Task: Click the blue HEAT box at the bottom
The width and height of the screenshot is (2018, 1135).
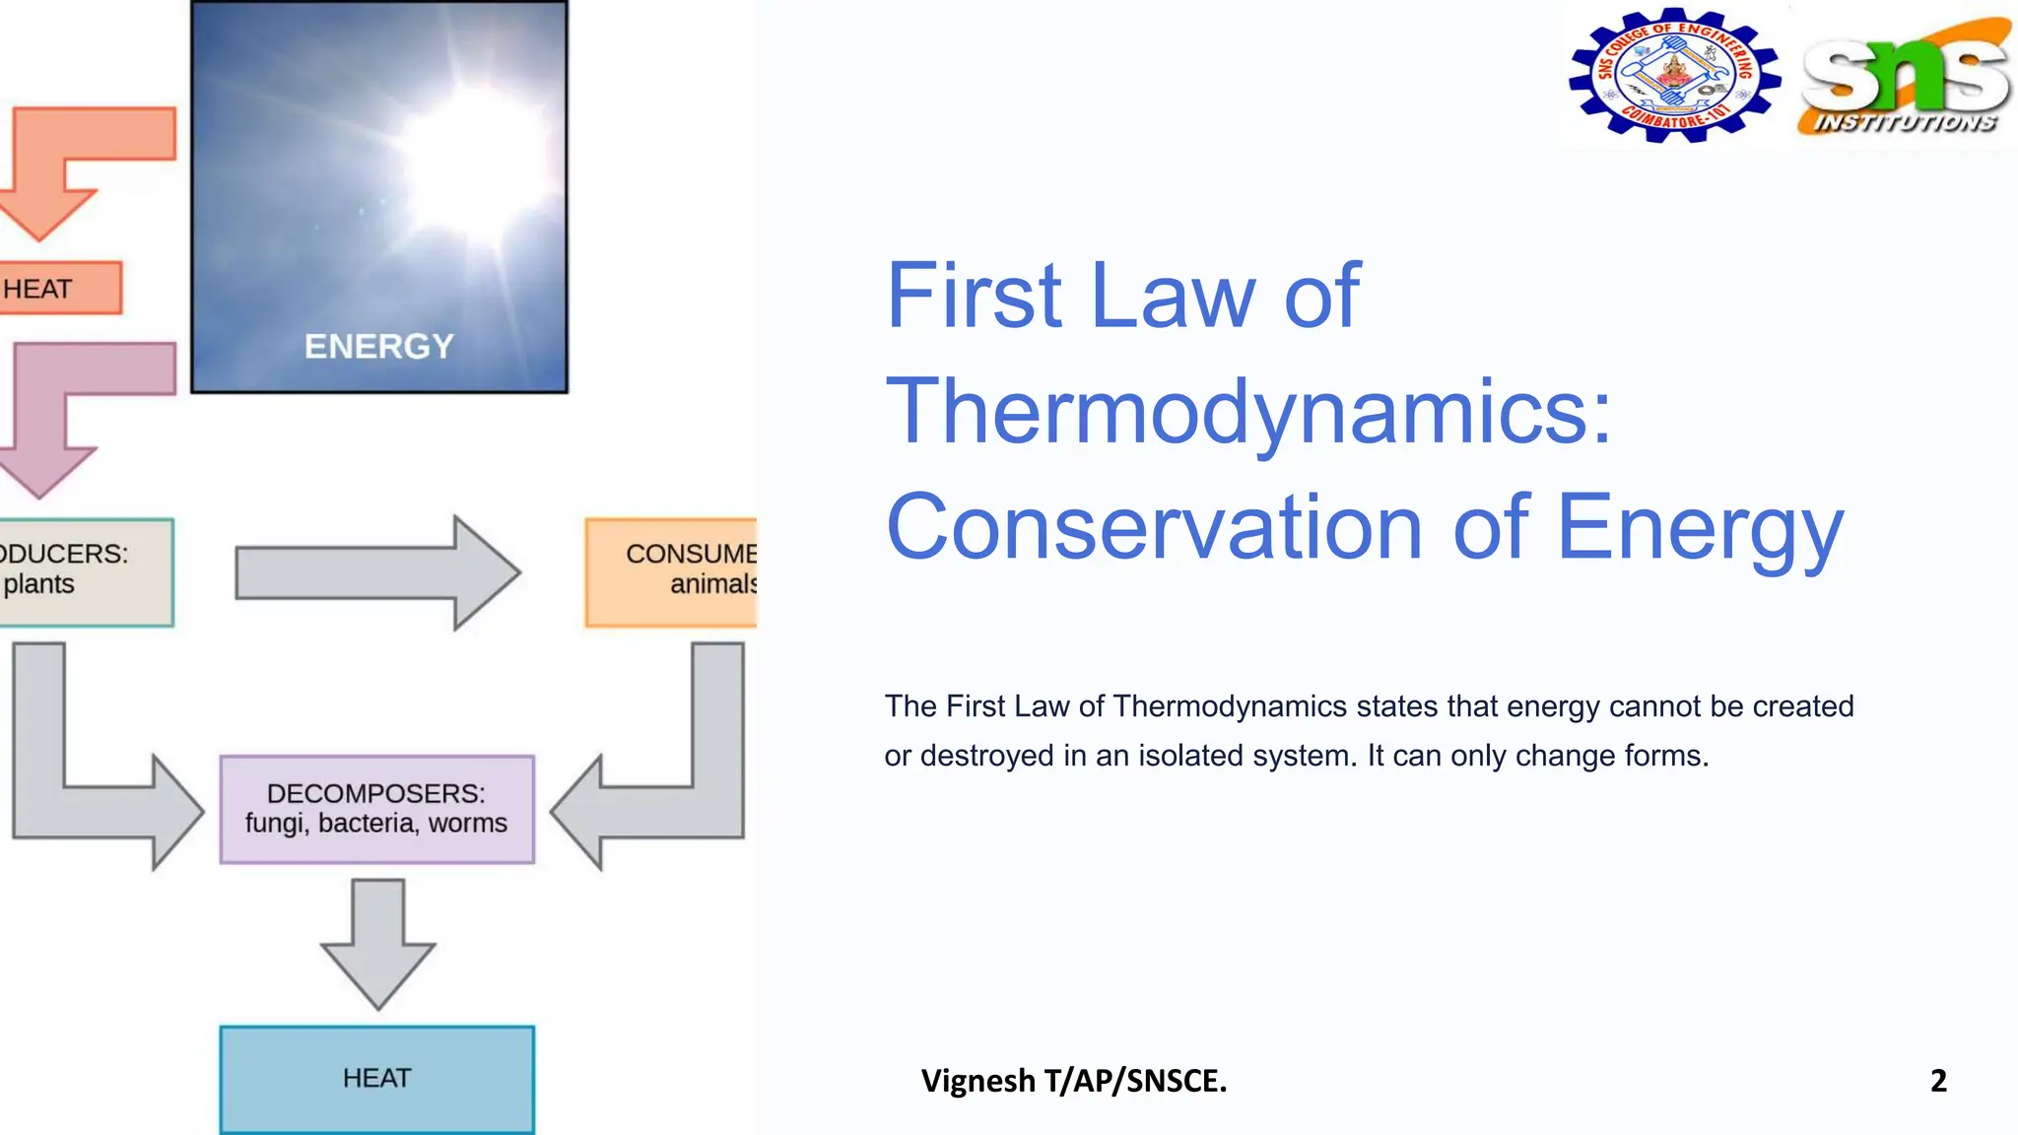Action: point(376,1078)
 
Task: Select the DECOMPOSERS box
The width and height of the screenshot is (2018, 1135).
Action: point(376,809)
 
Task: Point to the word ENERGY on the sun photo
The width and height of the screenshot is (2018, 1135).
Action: point(378,346)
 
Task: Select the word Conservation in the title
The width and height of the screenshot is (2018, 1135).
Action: point(1153,527)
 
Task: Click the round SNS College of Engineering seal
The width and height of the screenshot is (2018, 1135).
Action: point(1673,76)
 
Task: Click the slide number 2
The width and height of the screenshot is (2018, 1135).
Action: point(1938,1081)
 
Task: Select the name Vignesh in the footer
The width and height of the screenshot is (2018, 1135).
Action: point(977,1081)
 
